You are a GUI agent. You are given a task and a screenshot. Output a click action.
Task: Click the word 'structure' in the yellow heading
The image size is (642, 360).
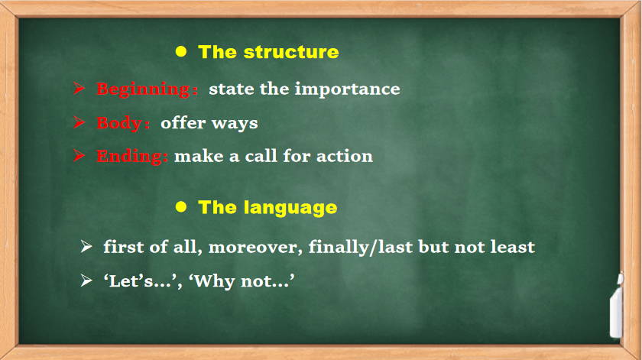pyautogui.click(x=291, y=52)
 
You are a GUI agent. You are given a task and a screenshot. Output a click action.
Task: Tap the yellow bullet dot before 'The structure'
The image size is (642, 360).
pyautogui.click(x=181, y=51)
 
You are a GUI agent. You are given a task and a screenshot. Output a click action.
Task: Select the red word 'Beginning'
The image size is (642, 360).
pyautogui.click(x=144, y=89)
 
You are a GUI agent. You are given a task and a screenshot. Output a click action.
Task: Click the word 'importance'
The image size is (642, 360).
pyautogui.click(x=347, y=89)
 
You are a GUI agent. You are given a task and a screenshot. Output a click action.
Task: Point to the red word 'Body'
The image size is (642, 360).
pyautogui.click(x=119, y=122)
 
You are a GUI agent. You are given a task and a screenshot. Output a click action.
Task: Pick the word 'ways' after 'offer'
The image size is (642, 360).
pyautogui.click(x=235, y=124)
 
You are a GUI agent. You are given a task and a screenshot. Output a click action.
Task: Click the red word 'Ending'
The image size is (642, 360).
pyautogui.click(x=129, y=157)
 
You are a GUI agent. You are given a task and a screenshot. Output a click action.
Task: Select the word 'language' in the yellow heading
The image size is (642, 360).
pyautogui.click(x=290, y=208)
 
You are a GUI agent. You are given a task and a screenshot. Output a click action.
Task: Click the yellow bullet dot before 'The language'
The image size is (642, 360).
pyautogui.click(x=181, y=206)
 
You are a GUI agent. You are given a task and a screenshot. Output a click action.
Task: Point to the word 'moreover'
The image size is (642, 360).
pyautogui.click(x=255, y=248)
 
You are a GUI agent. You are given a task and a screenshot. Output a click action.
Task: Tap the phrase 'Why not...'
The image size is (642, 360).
pyautogui.click(x=242, y=281)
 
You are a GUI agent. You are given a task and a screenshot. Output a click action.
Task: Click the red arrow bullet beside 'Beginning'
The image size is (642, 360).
pyautogui.click(x=79, y=88)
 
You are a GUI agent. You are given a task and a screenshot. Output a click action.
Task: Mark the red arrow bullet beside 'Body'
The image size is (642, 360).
pyautogui.click(x=79, y=122)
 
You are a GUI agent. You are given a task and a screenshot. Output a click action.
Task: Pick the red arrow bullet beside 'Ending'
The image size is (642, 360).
pyautogui.click(x=79, y=156)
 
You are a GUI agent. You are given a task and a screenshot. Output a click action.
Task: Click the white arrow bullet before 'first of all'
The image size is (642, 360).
pyautogui.click(x=86, y=247)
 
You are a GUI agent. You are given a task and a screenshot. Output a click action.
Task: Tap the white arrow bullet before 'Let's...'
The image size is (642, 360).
pyautogui.click(x=86, y=281)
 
